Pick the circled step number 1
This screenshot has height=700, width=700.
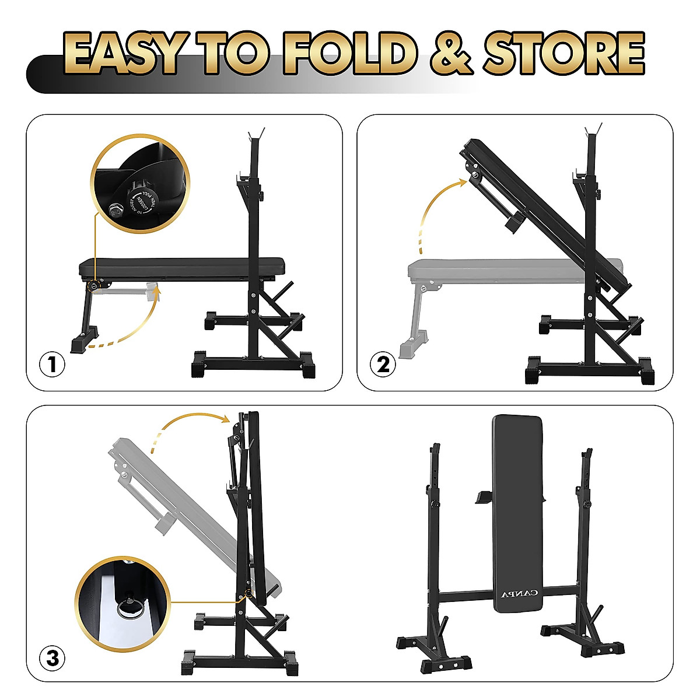pos(52,365)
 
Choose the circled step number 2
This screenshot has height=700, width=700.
pos(383,365)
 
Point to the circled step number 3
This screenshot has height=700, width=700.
pos(52,659)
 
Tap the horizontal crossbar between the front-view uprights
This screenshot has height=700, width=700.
pos(467,595)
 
